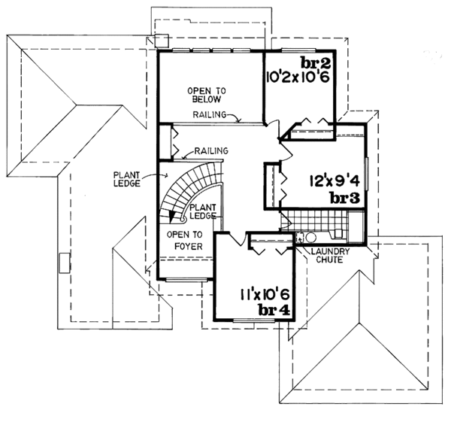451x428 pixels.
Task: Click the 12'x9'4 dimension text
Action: click(334, 181)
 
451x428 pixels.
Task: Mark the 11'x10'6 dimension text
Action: click(255, 294)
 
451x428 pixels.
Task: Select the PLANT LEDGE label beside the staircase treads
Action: click(203, 211)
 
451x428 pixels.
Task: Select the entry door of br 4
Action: click(238, 239)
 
